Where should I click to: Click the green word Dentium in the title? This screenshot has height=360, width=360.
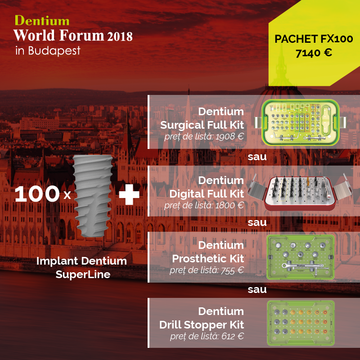tap(42, 21)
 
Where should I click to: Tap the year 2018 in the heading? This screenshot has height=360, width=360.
tap(120, 36)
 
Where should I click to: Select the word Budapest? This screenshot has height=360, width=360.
tap(54, 50)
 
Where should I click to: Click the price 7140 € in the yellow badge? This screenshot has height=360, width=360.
tap(314, 53)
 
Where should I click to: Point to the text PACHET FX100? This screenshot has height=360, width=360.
tap(314, 39)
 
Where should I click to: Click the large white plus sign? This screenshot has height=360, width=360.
tap(129, 194)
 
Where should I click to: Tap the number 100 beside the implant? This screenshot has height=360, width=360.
tap(37, 194)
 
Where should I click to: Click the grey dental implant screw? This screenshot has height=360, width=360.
tap(93, 196)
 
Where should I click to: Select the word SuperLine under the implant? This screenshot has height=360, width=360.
tap(83, 274)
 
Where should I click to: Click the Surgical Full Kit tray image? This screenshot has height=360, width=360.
tap(300, 122)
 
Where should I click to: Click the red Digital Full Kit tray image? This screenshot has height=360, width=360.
tap(300, 193)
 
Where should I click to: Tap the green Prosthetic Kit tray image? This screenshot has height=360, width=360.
tap(301, 257)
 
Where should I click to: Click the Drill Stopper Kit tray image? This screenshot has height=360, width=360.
tap(301, 323)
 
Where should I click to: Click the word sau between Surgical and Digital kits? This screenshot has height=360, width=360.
tap(257, 157)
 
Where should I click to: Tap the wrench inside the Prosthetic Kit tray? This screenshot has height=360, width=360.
tap(305, 267)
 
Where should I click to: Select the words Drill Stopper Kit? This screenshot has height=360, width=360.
tap(202, 324)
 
